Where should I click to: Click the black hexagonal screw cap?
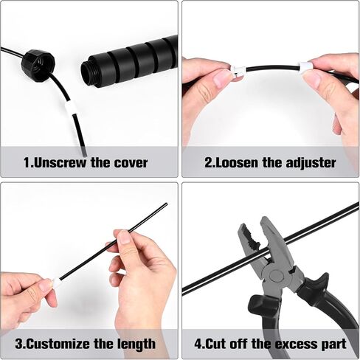click(38, 62)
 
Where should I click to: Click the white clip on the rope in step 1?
click(69, 108)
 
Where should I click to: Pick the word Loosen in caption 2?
click(235, 163)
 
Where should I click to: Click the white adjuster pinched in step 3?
click(56, 283)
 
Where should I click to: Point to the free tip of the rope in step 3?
click(166, 204)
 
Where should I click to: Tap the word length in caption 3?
click(136, 345)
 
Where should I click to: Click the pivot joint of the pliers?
click(274, 276)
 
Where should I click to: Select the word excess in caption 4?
click(296, 344)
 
